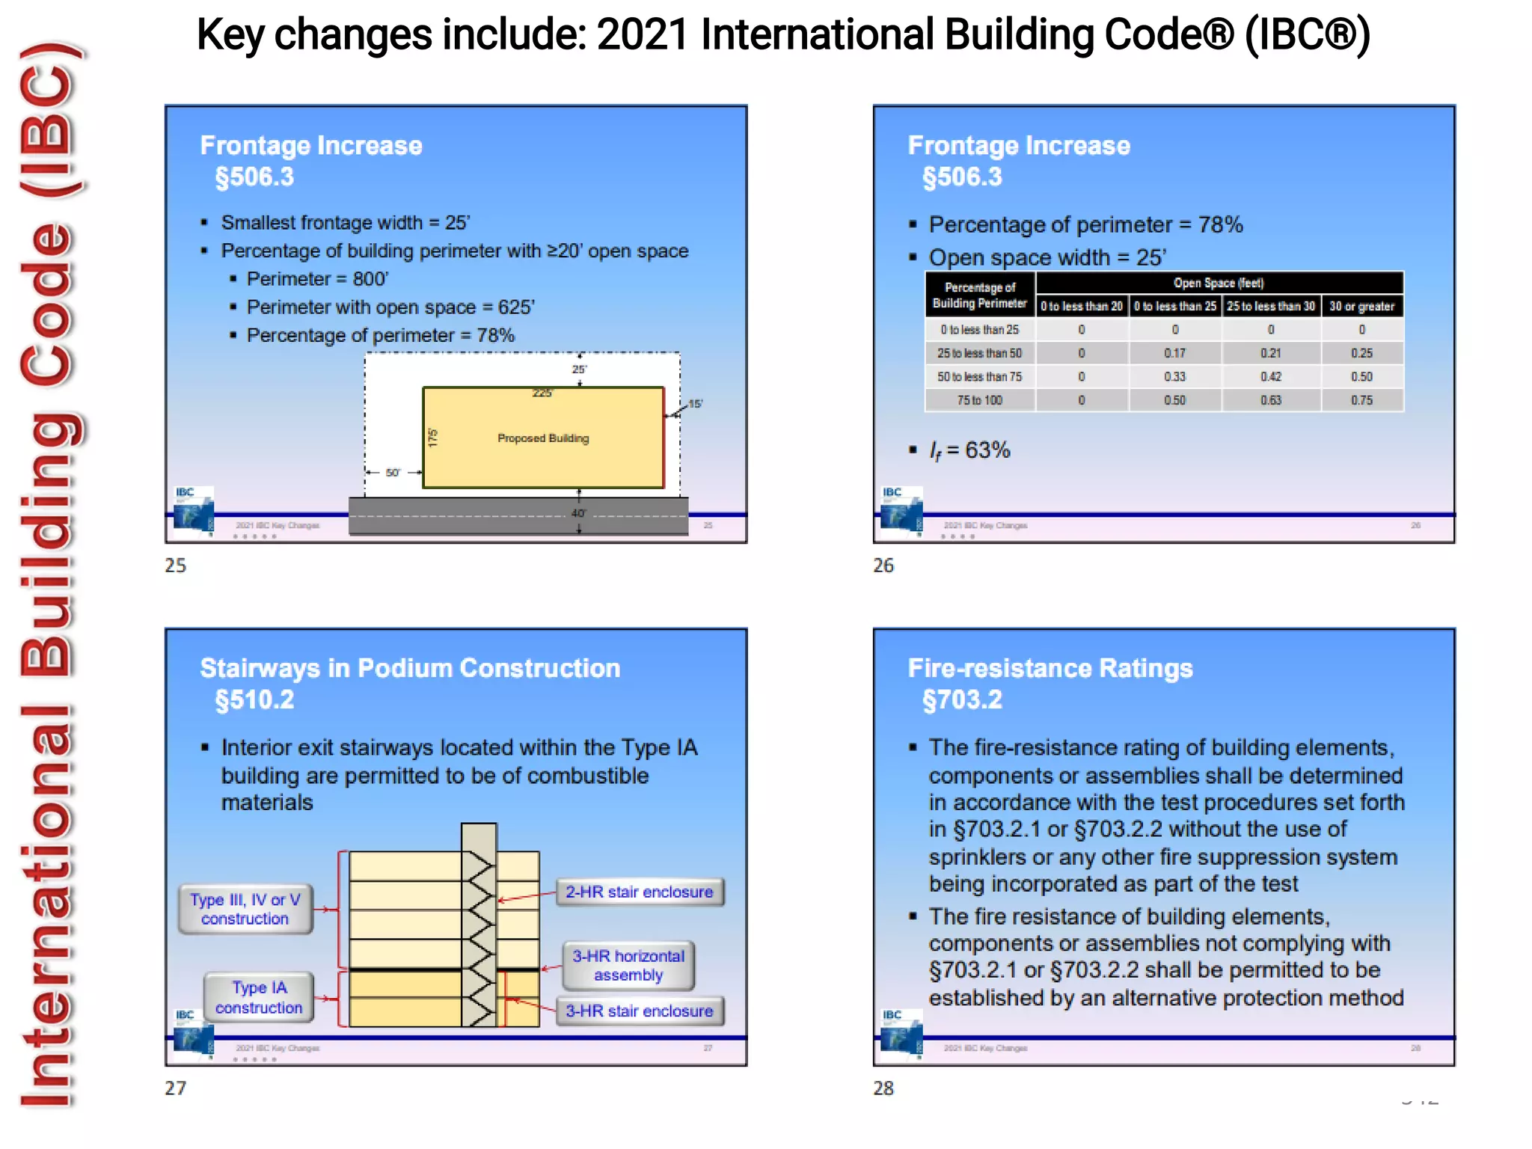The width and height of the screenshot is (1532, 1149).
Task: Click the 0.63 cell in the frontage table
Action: (x=1270, y=400)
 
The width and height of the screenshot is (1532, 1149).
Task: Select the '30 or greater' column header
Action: (x=1361, y=306)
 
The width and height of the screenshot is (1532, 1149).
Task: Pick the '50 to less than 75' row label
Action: (x=979, y=377)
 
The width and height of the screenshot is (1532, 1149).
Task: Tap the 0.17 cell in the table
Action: (x=1174, y=353)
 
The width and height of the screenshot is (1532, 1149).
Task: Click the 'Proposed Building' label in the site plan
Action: (x=543, y=438)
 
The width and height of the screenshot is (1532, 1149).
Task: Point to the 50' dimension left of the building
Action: (x=393, y=473)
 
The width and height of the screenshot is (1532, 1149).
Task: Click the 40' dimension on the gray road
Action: (x=578, y=514)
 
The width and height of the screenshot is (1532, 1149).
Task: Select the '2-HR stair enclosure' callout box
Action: (x=640, y=892)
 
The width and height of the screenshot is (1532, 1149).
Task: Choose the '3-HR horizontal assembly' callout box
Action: (x=628, y=966)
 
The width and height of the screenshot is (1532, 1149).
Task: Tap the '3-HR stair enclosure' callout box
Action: (x=640, y=1011)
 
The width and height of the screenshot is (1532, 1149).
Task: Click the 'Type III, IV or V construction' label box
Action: (x=245, y=909)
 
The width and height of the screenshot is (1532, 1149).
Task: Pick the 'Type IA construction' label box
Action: (x=259, y=998)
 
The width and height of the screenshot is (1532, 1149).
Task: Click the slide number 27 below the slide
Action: (x=176, y=1088)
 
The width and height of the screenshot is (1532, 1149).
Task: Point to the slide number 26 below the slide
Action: (x=883, y=566)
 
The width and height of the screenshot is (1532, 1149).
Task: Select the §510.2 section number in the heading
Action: (x=254, y=700)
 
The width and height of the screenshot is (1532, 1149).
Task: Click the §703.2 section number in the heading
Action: (x=962, y=700)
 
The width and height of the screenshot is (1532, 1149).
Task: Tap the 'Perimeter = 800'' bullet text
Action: (x=317, y=279)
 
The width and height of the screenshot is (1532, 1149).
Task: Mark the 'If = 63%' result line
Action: (x=969, y=450)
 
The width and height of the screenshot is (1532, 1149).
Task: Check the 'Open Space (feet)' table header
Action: (x=1219, y=283)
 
